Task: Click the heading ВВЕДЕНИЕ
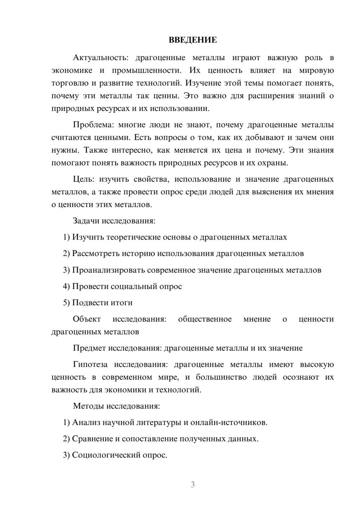click(x=193, y=40)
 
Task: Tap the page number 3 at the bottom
click(x=193, y=485)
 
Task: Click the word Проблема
click(x=93, y=125)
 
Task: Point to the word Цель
click(x=83, y=179)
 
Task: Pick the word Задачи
click(x=86, y=221)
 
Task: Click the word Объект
click(x=87, y=319)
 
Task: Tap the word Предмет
click(x=90, y=348)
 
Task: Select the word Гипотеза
click(x=90, y=365)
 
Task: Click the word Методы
click(x=89, y=406)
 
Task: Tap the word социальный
click(x=133, y=287)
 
